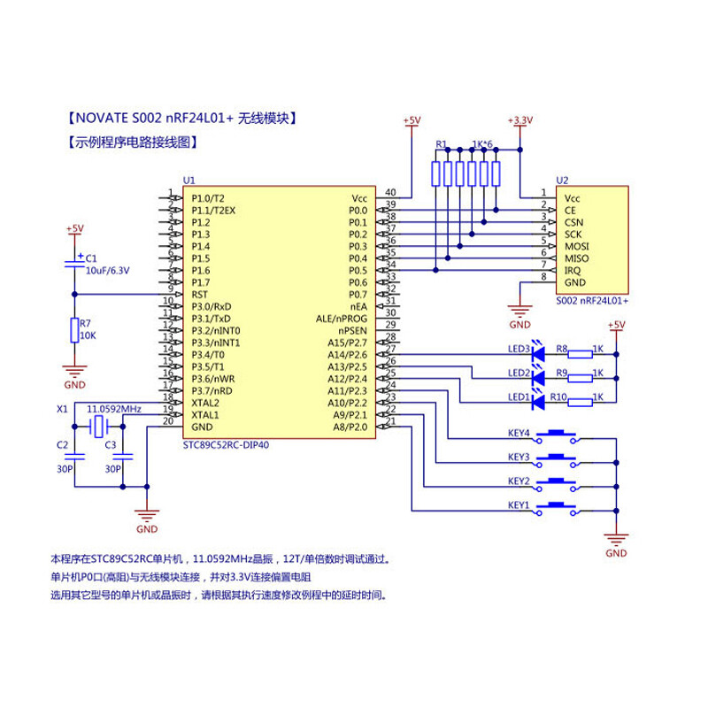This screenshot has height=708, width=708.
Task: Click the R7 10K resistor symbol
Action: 74,331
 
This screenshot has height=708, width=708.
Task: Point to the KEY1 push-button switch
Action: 558,510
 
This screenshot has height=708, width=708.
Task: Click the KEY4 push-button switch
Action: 558,435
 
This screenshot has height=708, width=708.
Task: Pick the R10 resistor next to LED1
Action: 581,402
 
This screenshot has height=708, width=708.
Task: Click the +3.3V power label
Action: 520,120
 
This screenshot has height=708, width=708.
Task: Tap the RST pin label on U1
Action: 200,294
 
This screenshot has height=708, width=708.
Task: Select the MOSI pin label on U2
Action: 576,246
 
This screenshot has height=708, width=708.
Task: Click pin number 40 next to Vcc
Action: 389,193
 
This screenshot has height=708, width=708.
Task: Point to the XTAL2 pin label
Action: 205,403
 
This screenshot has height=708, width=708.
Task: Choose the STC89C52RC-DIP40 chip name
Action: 226,445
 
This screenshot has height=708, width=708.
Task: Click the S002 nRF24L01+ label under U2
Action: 592,301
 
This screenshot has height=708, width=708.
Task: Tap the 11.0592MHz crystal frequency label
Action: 114,410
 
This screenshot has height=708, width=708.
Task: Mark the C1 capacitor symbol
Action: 74,262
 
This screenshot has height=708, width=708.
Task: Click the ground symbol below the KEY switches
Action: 614,537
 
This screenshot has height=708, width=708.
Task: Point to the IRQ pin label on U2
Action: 573,270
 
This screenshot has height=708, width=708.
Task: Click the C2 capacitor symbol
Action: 74,458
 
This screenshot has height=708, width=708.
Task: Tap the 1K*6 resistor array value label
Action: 482,144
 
